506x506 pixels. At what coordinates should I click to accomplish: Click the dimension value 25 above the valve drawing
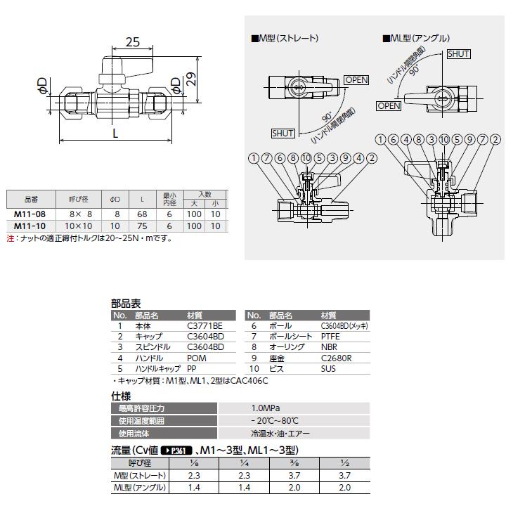[132, 43]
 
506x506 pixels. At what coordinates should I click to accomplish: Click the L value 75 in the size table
[143, 226]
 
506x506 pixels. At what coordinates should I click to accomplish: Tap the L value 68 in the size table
[143, 214]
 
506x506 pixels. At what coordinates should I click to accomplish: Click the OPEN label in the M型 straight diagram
[356, 80]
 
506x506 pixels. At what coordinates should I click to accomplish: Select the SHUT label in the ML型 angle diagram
[458, 53]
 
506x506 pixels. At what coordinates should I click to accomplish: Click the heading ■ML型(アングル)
[415, 38]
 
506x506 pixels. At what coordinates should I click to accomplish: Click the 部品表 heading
[126, 304]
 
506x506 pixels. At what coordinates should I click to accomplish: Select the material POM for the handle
[197, 358]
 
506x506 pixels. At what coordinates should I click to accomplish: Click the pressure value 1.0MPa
[264, 408]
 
